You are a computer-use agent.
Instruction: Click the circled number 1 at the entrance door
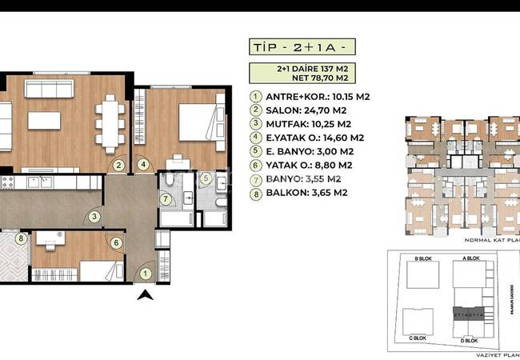pyautogui.click(x=145, y=274)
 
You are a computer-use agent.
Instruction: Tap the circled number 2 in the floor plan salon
pyautogui.click(x=118, y=166)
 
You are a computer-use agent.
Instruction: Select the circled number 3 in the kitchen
pyautogui.click(x=94, y=215)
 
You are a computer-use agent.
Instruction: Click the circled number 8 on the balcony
pyautogui.click(x=21, y=238)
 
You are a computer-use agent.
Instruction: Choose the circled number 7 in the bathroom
pyautogui.click(x=166, y=198)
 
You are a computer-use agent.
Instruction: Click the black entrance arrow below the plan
pyautogui.click(x=145, y=297)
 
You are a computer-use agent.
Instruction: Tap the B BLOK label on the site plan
pyautogui.click(x=424, y=259)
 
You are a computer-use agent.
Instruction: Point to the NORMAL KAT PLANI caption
pyautogui.click(x=491, y=238)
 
